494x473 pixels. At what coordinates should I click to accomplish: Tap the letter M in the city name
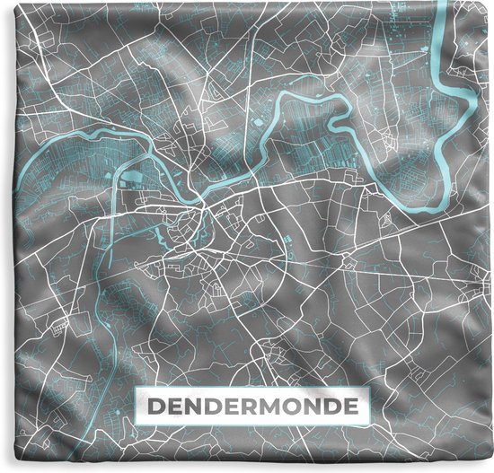(x=271, y=407)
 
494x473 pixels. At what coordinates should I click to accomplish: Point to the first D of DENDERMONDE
(x=154, y=407)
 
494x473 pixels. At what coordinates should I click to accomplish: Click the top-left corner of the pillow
(x=3, y=3)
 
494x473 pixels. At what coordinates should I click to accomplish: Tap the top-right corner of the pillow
(x=490, y=3)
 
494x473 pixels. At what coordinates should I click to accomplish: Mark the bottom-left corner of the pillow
(x=3, y=469)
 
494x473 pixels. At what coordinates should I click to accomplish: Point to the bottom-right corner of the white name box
(x=369, y=425)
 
